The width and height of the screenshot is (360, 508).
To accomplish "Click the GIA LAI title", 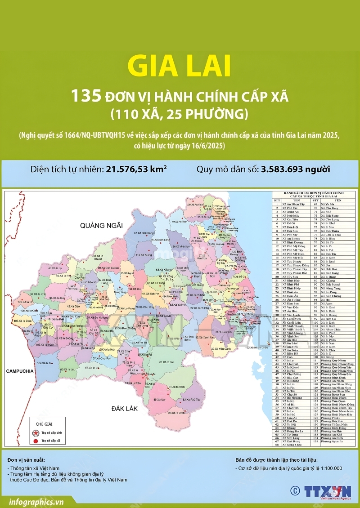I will (x=180, y=66).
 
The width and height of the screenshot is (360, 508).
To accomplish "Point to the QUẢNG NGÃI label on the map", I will (x=98, y=225).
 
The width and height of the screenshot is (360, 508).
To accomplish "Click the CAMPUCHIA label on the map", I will (x=20, y=371).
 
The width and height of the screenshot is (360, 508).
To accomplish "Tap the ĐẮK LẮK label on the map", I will (x=125, y=408).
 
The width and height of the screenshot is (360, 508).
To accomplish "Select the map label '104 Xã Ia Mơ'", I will (x=45, y=363).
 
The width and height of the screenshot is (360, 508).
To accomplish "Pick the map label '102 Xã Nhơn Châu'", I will (x=256, y=348).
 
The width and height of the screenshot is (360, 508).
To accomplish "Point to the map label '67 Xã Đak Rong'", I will (x=144, y=233).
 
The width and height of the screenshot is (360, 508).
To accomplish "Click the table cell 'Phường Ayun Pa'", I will (x=334, y=441).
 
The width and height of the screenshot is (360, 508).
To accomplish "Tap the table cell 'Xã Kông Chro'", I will (x=292, y=445).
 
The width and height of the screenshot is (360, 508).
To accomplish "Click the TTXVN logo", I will (x=320, y=491).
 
